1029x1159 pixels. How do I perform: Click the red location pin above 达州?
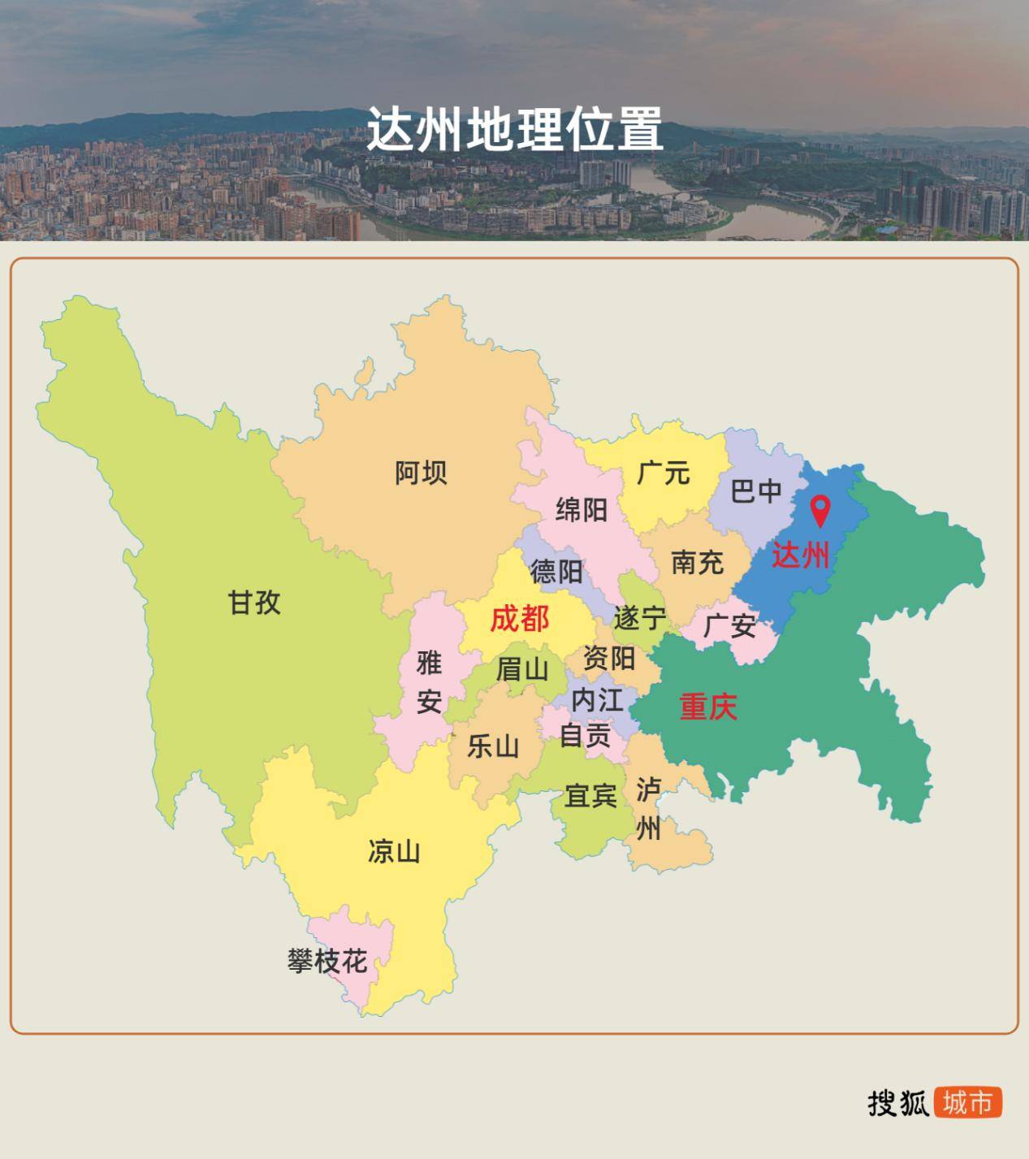point(821,511)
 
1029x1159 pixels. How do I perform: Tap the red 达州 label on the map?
point(801,556)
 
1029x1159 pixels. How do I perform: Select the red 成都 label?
point(520,620)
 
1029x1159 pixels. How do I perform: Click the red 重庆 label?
point(708,707)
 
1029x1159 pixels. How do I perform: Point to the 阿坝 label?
point(421,472)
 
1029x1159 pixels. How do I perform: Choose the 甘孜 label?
point(254,603)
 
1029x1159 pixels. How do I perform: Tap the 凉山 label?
point(394,851)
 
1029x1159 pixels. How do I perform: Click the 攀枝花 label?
point(327,962)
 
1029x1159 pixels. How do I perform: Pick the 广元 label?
point(664,472)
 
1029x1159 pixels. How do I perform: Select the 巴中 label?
point(756,491)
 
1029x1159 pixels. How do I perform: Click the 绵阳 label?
point(582,510)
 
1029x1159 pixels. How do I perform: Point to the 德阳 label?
point(556,572)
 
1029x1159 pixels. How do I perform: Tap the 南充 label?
point(698,562)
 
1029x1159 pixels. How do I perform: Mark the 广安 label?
point(729,625)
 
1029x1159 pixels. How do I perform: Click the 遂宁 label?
point(640,618)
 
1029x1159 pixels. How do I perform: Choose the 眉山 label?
point(522,670)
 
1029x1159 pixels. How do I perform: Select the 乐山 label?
point(493,746)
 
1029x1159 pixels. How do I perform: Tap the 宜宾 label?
point(591,796)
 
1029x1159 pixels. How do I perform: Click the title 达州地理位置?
point(515,129)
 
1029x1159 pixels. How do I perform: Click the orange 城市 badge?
point(968,1103)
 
